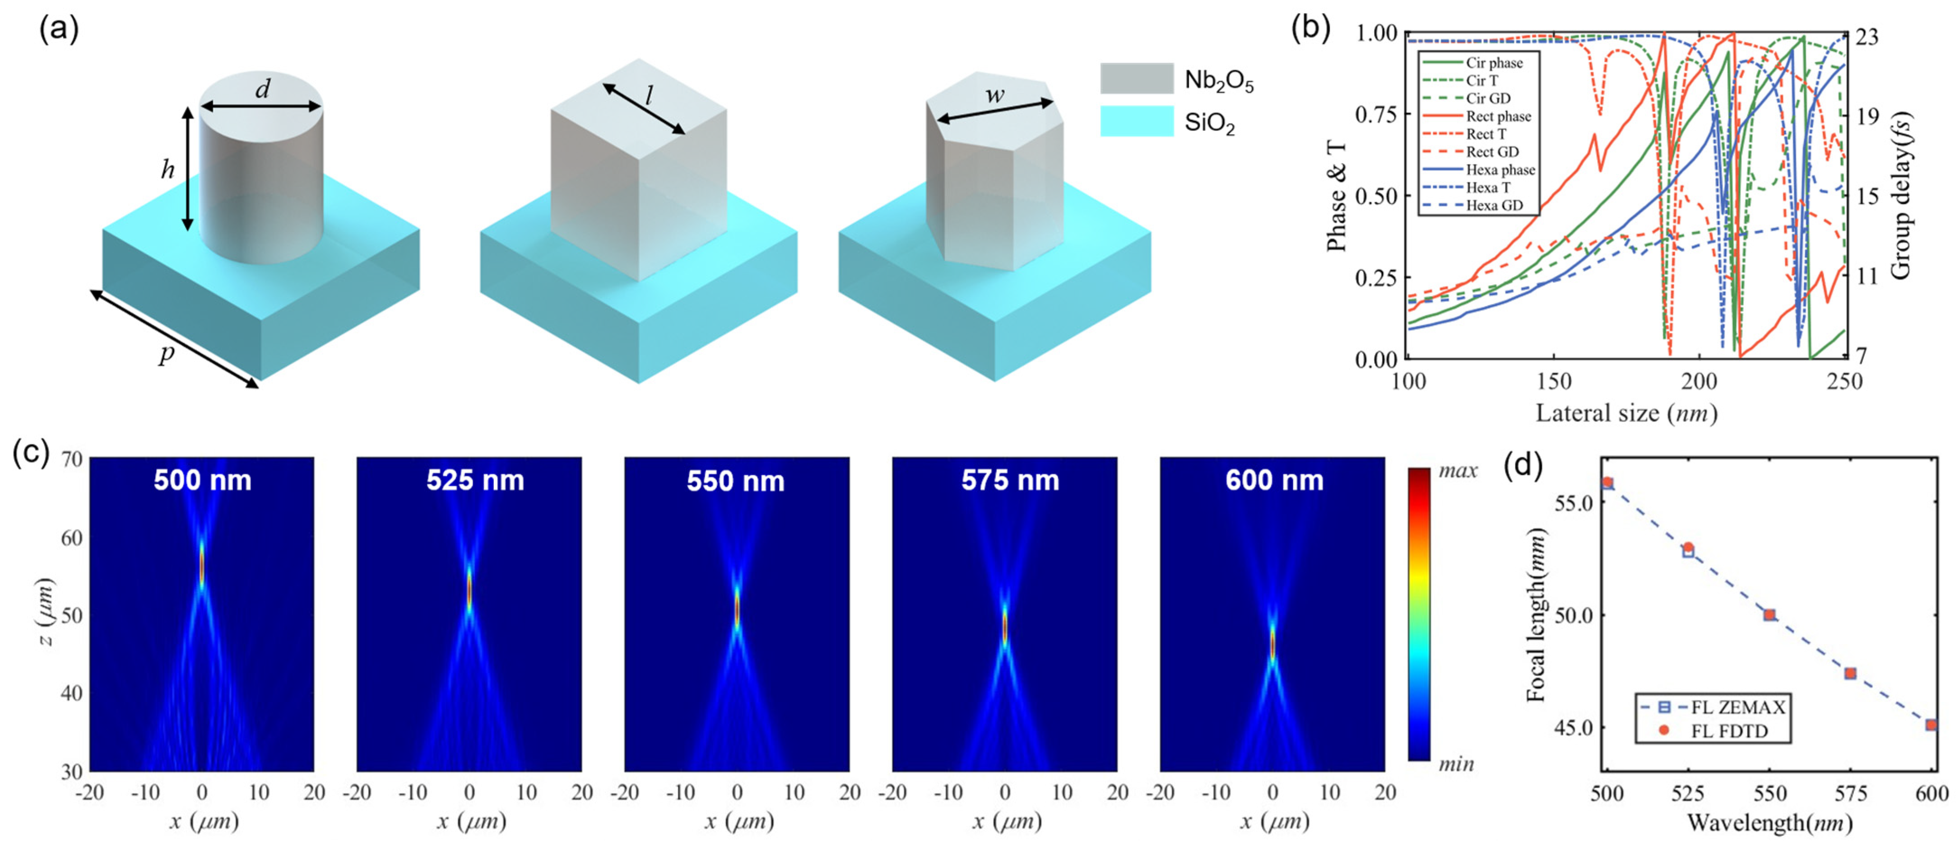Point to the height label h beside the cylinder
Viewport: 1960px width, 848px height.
tap(167, 169)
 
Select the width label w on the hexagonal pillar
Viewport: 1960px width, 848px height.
tap(994, 96)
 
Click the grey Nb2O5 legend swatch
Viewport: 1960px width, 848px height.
tap(1137, 79)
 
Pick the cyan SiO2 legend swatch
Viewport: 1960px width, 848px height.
tap(1137, 121)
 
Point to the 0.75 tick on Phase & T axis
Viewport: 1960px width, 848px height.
tap(1375, 114)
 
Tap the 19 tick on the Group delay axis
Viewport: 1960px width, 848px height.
tap(1864, 117)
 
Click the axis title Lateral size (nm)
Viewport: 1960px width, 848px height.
tap(1626, 413)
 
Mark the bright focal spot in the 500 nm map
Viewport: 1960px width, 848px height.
tap(202, 565)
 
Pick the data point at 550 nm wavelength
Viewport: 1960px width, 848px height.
tap(1770, 615)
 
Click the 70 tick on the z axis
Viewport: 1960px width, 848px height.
tap(71, 459)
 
